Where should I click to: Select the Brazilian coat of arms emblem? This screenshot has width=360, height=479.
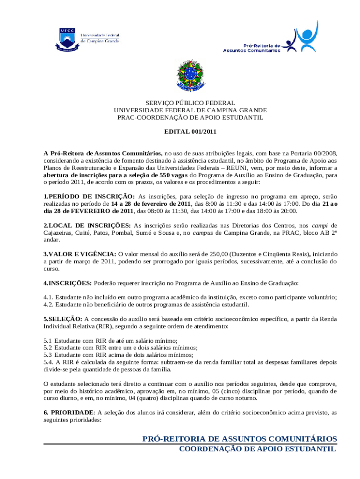(x=190, y=76)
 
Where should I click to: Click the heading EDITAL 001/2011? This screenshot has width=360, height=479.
(x=190, y=132)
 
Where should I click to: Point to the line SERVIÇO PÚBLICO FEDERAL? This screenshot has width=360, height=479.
(x=190, y=103)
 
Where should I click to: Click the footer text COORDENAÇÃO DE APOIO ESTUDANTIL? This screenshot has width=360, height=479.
(x=258, y=449)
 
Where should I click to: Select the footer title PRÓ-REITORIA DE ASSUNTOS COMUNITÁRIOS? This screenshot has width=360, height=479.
(x=239, y=439)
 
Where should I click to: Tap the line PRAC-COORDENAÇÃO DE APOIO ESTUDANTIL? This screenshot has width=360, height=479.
(x=190, y=117)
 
